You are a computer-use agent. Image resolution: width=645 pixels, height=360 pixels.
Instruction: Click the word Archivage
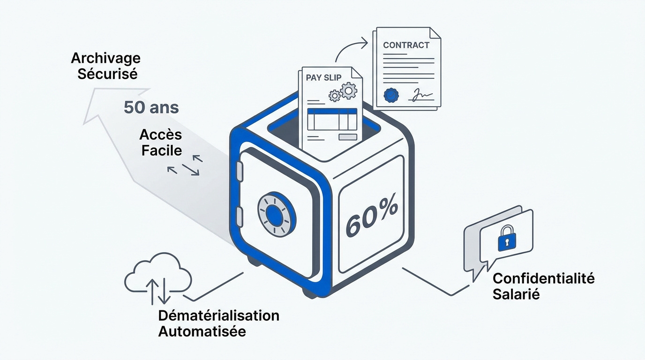tap(105, 59)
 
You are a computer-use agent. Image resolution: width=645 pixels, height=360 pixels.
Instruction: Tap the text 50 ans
tap(151, 107)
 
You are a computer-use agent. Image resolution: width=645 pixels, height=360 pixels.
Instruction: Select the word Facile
tap(162, 150)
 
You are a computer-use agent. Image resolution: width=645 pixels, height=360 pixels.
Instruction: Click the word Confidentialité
tap(544, 278)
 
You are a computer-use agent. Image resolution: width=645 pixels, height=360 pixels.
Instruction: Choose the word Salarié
tap(516, 294)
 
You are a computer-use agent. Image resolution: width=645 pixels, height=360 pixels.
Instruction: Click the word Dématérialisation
tap(219, 315)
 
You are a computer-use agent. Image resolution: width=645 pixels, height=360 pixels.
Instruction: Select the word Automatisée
tap(202, 331)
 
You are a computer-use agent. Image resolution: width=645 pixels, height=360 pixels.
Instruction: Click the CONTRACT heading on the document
tap(406, 45)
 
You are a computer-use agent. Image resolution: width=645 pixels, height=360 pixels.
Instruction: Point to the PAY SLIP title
tap(323, 77)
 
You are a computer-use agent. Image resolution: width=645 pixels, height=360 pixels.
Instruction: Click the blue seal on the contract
tap(391, 95)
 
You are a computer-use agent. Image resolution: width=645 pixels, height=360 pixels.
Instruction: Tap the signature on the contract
tap(421, 95)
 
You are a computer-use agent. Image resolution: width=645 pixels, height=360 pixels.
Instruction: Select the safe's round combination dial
tap(276, 213)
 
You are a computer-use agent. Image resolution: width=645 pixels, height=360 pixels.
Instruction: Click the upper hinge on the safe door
tap(240, 172)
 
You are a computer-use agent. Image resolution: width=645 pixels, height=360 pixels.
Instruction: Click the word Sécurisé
tap(107, 74)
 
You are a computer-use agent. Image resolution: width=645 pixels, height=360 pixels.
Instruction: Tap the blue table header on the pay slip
tap(332, 112)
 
